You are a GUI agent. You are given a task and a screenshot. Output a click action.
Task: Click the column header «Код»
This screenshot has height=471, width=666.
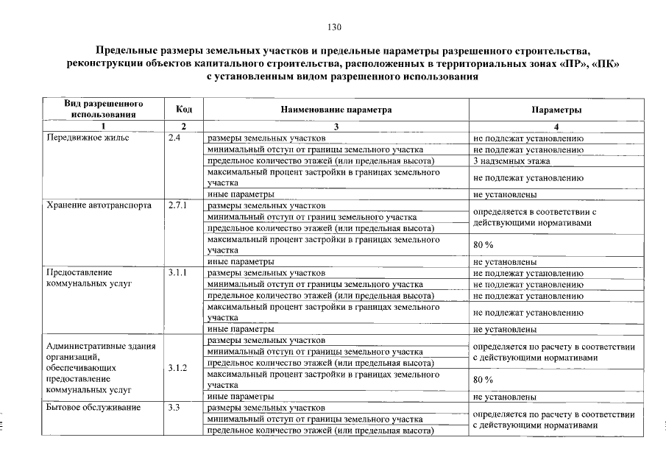click(x=184, y=110)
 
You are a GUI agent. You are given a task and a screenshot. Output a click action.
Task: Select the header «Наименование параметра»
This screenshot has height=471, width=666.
click(x=336, y=110)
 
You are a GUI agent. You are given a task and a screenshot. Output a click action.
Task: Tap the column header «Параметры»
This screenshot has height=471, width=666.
click(x=556, y=110)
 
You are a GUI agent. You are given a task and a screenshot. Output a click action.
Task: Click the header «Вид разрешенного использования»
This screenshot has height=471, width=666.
click(x=103, y=109)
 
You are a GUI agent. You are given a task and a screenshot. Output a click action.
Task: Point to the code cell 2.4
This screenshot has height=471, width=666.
click(x=175, y=138)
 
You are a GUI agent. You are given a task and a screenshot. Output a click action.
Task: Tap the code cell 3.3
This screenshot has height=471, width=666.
click(x=174, y=408)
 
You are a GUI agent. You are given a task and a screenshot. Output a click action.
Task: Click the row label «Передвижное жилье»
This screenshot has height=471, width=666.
click(x=87, y=138)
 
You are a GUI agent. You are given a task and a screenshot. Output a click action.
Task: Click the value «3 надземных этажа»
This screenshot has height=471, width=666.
click(x=511, y=160)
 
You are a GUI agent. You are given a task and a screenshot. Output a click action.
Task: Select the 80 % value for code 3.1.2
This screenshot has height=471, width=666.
click(x=483, y=380)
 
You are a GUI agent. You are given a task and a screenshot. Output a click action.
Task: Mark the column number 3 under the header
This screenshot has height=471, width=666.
click(x=336, y=127)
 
